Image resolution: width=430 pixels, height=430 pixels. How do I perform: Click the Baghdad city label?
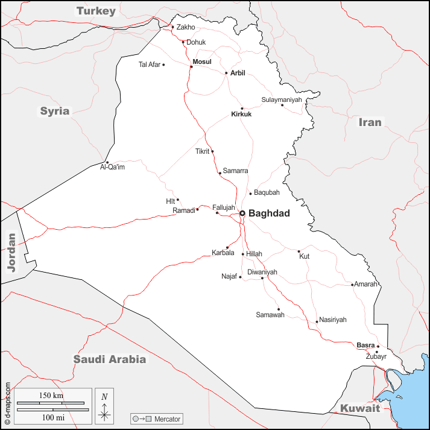click(x=269, y=213)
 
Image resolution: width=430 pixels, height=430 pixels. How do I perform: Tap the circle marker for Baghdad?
click(x=242, y=213)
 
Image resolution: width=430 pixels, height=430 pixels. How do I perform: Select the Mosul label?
click(x=202, y=62)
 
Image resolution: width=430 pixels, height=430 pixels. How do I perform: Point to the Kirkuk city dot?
click(x=242, y=109)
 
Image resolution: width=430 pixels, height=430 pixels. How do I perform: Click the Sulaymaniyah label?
click(x=281, y=100)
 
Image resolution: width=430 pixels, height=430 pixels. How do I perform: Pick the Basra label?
click(x=365, y=345)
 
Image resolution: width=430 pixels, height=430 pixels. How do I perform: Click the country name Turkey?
click(x=95, y=11)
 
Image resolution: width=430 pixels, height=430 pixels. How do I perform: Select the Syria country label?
click(x=55, y=111)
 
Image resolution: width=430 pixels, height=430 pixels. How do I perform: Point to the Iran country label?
click(x=370, y=122)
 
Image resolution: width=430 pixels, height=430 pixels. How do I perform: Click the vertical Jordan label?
click(x=11, y=253)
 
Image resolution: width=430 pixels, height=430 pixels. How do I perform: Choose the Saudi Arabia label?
click(x=110, y=359)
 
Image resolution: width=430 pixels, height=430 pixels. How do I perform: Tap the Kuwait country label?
click(x=360, y=408)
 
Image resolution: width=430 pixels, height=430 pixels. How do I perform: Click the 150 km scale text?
click(x=52, y=396)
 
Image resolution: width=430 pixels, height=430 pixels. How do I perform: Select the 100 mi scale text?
click(x=52, y=417)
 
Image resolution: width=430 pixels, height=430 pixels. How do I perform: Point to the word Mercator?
click(x=167, y=419)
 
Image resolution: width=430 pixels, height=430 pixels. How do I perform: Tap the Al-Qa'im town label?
click(x=112, y=167)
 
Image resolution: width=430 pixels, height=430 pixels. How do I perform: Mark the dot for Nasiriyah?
click(x=317, y=321)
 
